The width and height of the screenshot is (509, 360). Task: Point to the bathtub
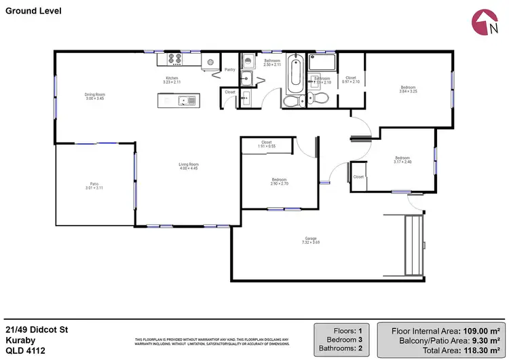coord(295,74)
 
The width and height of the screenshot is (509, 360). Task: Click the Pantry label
coord(229,69)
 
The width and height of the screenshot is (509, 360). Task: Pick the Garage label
coord(311,239)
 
